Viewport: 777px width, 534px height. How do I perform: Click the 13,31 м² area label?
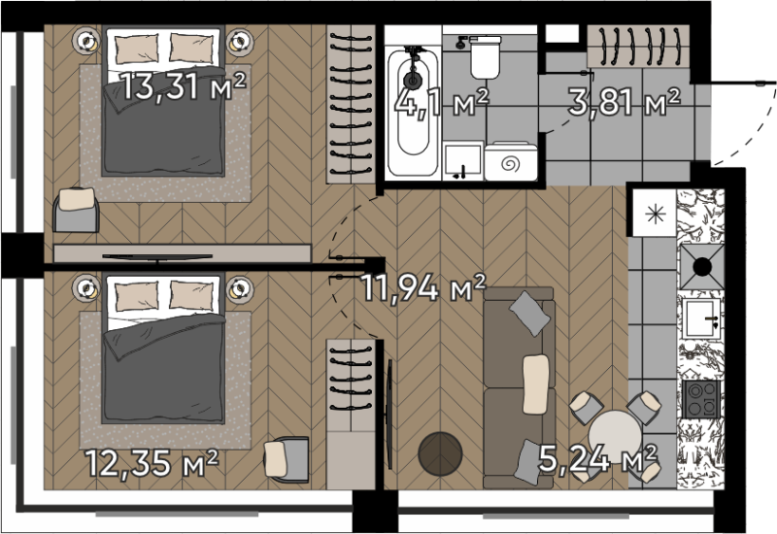184,86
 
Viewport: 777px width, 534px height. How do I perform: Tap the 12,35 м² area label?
152,463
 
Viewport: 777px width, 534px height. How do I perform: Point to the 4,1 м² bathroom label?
442,103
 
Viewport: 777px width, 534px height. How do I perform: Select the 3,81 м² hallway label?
625,102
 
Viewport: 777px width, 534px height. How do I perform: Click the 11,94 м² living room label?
423,287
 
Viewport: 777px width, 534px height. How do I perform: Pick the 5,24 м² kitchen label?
597,458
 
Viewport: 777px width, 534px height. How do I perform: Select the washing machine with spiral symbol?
511,161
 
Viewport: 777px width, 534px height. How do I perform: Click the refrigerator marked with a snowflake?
655,213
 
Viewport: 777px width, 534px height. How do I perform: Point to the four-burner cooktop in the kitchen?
700,399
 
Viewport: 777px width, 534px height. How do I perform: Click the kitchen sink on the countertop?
701,318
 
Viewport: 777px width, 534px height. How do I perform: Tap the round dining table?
616,437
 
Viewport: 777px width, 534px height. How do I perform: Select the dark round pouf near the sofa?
440,453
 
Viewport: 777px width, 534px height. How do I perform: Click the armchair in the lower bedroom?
287,459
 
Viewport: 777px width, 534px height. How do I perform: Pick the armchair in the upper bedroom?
76,210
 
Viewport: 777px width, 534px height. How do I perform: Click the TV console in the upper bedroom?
182,253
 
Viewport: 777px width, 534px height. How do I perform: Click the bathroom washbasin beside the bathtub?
463,160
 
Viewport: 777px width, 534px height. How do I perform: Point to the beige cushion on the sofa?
536,384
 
